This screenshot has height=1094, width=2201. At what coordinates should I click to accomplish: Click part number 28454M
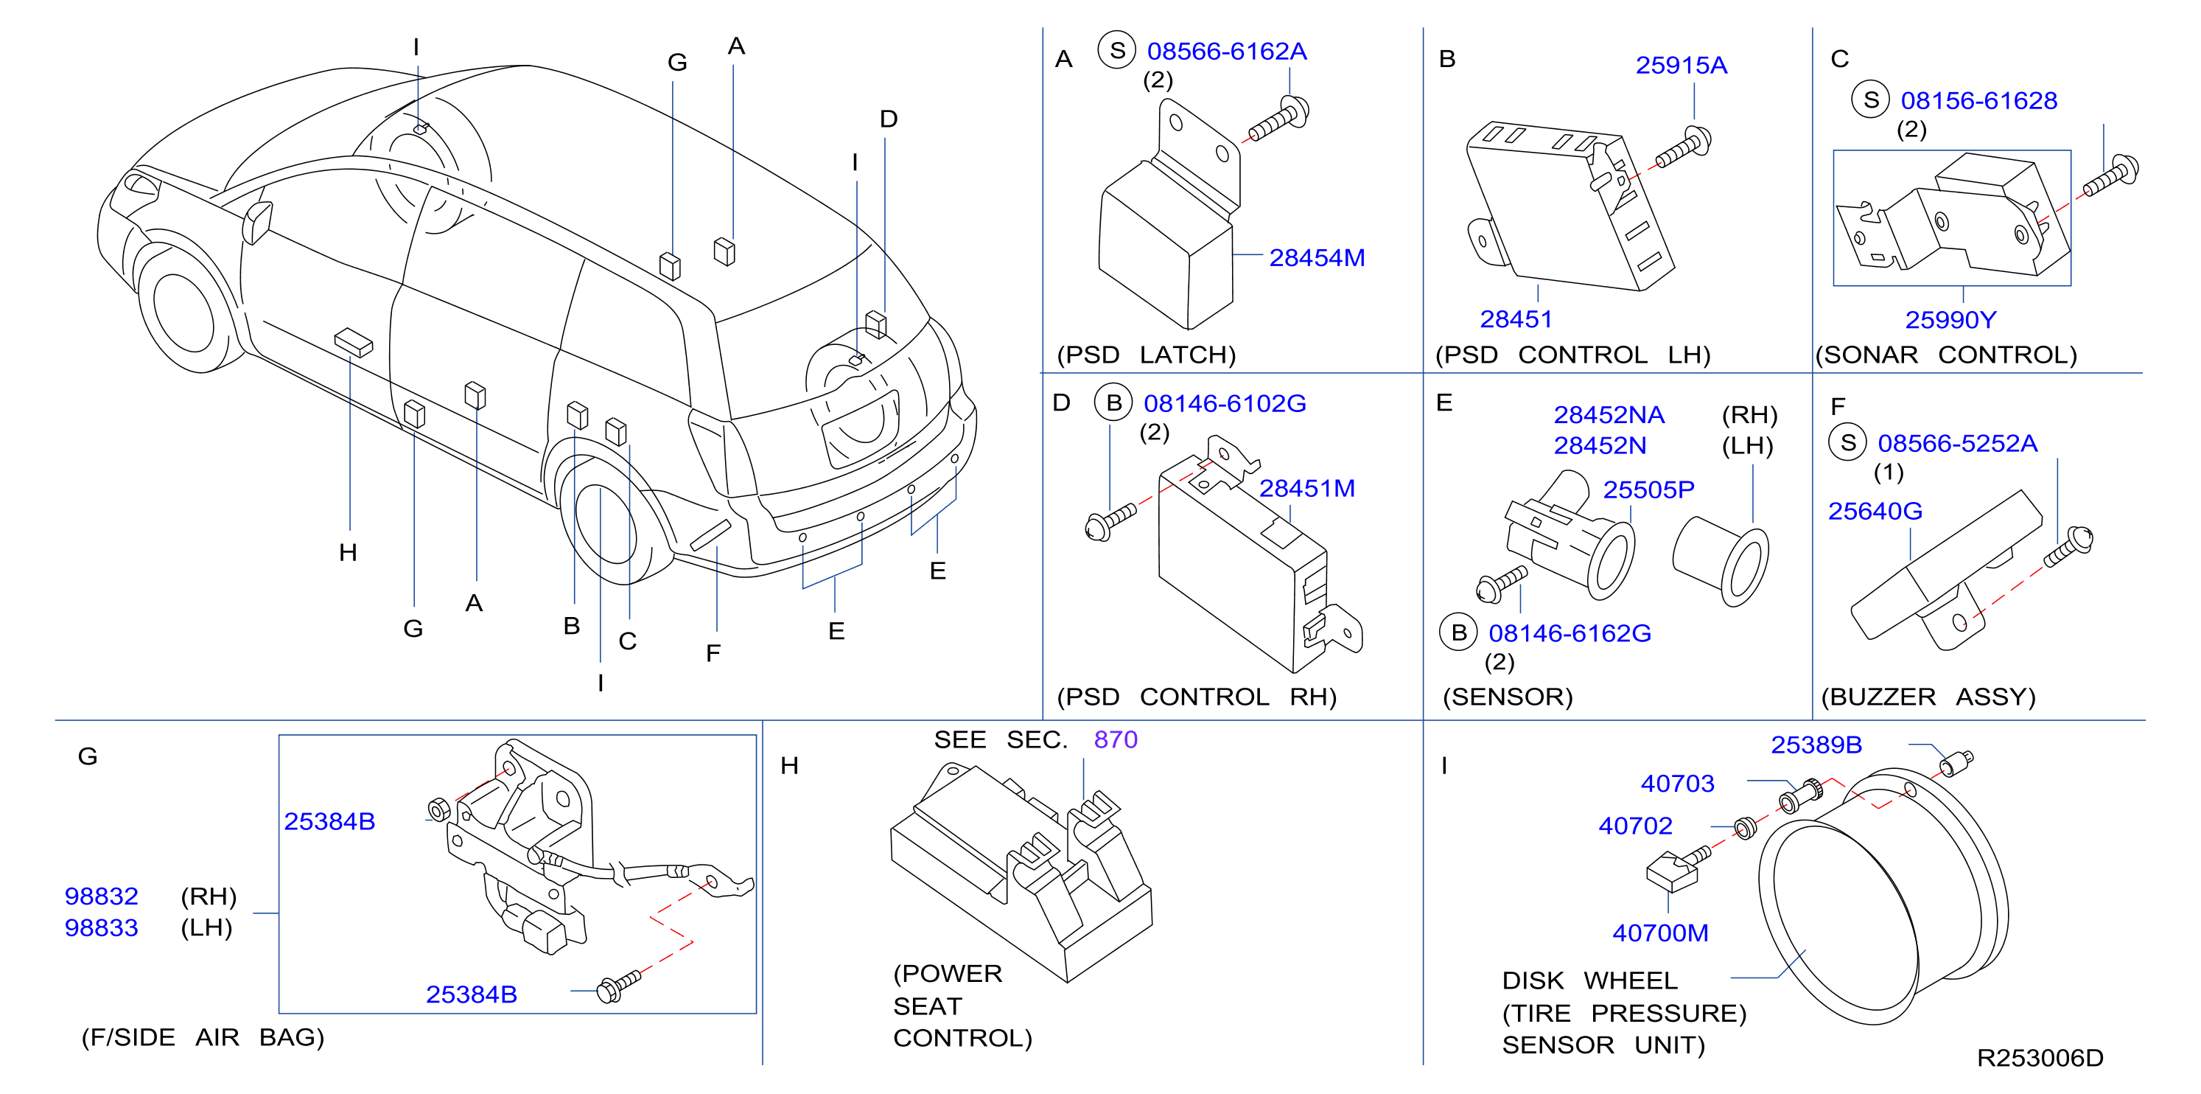(1317, 257)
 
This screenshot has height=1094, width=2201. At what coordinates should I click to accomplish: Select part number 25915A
(1681, 65)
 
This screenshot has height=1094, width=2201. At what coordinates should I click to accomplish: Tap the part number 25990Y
(1950, 320)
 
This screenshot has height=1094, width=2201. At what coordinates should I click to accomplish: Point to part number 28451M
(1306, 488)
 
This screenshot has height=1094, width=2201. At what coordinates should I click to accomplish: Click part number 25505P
(1648, 489)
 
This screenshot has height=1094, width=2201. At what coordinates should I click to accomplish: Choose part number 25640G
(1875, 511)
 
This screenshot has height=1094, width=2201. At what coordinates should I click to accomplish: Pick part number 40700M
(1660, 933)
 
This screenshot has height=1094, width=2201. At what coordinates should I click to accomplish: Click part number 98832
(102, 896)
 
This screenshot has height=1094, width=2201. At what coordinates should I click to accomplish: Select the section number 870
(1116, 739)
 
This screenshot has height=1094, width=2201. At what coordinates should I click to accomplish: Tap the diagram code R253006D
(2040, 1058)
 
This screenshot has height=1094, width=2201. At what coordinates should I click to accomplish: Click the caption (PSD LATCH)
(1147, 355)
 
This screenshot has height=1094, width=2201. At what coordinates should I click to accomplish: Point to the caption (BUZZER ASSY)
(1928, 697)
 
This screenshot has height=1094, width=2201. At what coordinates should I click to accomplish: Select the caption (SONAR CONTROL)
(1945, 355)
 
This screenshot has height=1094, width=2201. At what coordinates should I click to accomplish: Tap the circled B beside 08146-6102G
(1113, 403)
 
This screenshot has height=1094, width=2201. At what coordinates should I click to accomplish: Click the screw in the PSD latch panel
(1278, 119)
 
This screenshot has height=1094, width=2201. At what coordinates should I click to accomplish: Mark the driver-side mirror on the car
(256, 221)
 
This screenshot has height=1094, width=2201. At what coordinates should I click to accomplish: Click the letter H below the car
(348, 552)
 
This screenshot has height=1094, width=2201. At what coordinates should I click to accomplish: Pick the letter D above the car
(889, 119)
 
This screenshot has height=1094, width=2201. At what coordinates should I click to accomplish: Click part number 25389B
(1816, 745)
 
